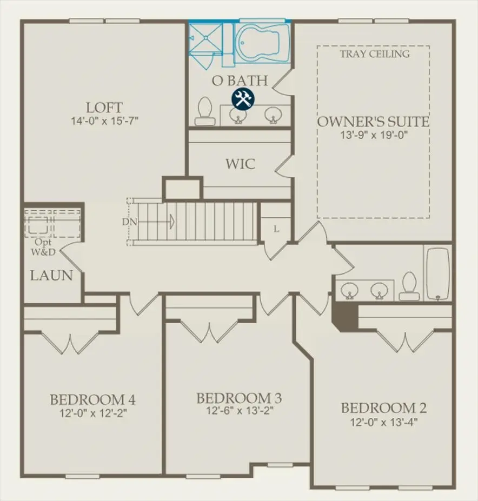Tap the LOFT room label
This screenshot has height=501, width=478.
[104, 107]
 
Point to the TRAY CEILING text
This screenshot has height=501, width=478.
[375, 54]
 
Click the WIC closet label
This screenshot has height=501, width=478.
[240, 164]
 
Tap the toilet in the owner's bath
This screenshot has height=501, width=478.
[205, 110]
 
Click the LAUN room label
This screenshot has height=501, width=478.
[51, 276]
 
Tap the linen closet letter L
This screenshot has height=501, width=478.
[276, 229]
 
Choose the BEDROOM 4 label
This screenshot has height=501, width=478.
[92, 400]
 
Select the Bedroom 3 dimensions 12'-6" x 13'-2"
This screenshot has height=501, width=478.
[239, 411]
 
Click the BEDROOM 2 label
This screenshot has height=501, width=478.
[383, 408]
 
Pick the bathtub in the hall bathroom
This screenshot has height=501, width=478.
[437, 273]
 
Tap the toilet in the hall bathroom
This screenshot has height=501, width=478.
[409, 286]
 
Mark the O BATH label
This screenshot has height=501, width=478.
[240, 81]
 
